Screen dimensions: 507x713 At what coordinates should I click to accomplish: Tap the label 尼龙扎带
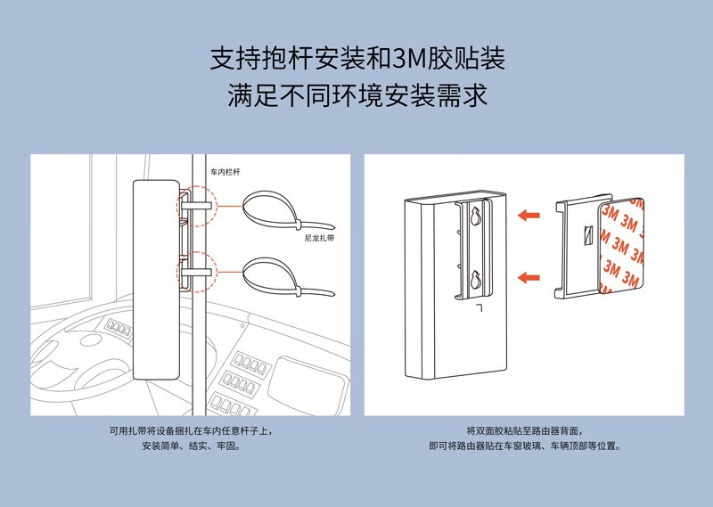point(318,239)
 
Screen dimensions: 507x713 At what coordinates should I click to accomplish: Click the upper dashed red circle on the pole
point(196,204)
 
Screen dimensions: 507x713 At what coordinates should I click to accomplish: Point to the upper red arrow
point(530,214)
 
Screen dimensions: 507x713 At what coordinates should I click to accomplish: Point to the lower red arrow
point(530,278)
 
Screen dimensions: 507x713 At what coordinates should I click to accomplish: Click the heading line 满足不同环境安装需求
point(357,95)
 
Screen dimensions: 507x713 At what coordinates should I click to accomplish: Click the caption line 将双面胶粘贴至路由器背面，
point(524,430)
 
